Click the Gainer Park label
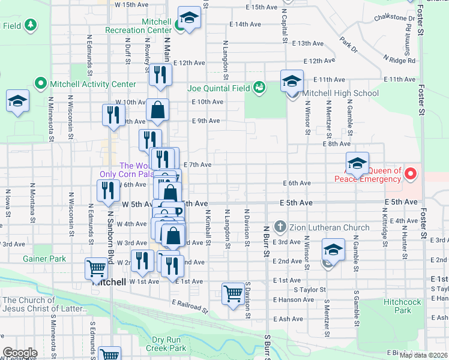click(x=44, y=259)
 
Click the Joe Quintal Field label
click(x=218, y=88)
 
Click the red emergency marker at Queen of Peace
click(x=411, y=175)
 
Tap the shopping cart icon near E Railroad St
click(x=233, y=294)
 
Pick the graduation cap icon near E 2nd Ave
click(x=333, y=250)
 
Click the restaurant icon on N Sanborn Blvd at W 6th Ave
click(x=108, y=190)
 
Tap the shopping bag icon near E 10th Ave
click(x=157, y=110)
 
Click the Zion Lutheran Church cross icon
click(x=280, y=227)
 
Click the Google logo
click(x=19, y=353)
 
